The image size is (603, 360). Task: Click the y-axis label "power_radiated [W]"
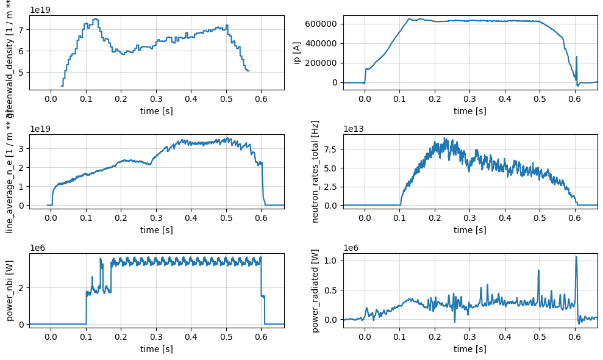(315, 290)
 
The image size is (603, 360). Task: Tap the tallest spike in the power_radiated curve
(576, 257)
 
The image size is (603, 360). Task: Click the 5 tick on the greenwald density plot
(22, 73)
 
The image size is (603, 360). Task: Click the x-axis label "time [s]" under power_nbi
(156, 348)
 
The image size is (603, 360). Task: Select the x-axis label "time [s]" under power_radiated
(469, 348)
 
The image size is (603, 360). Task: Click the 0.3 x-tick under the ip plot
(469, 97)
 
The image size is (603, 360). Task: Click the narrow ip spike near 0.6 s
(577, 58)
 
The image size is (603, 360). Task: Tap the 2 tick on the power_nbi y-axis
(22, 288)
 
